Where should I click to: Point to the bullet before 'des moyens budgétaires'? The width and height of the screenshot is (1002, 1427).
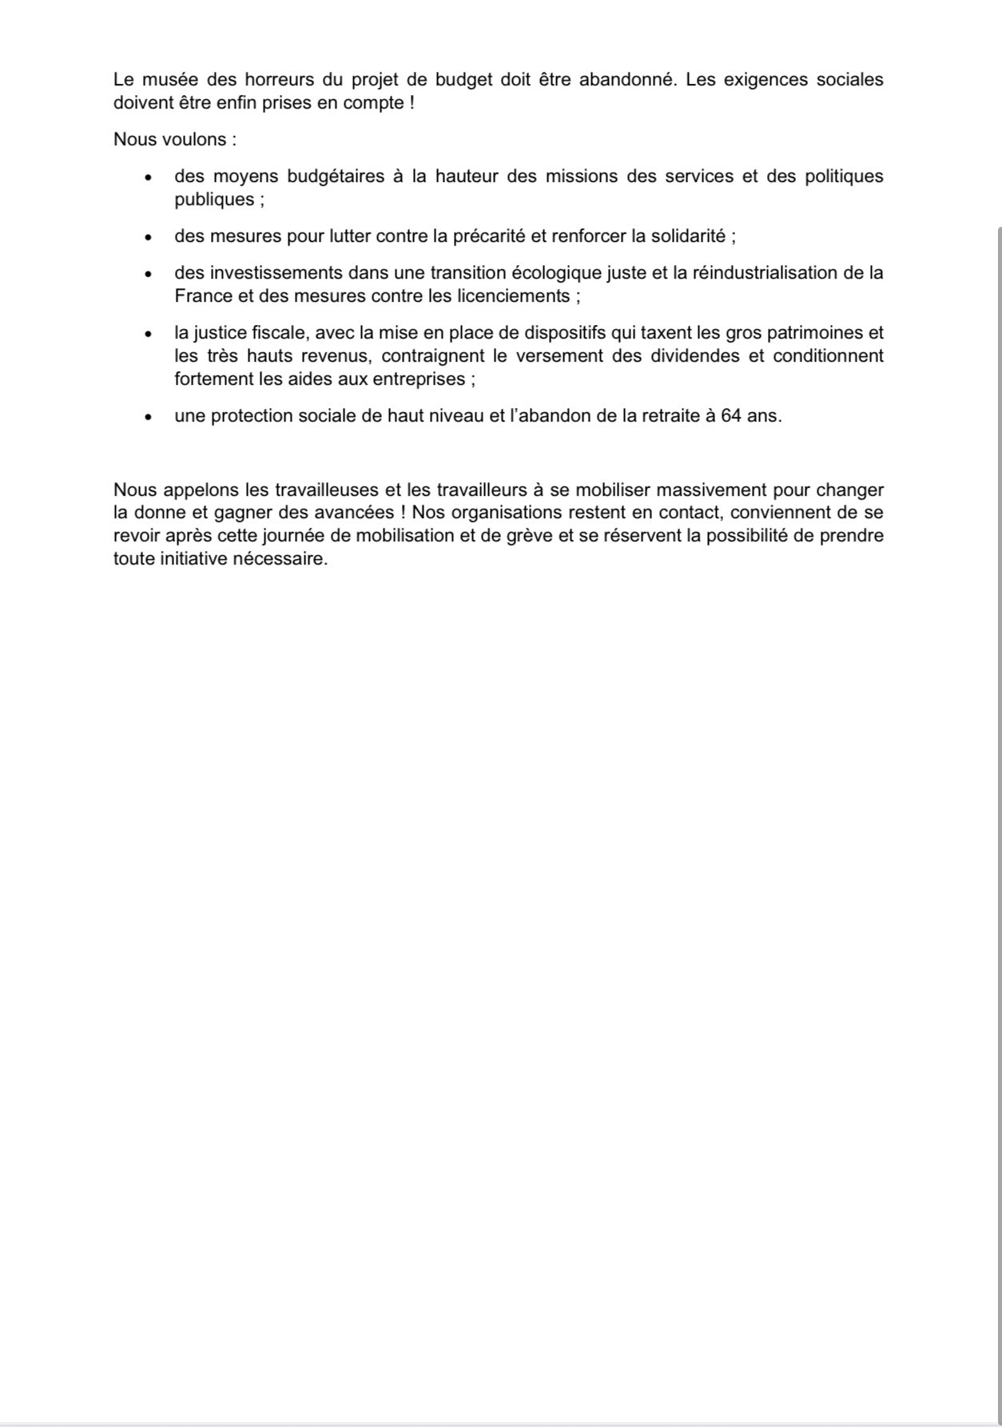tap(148, 176)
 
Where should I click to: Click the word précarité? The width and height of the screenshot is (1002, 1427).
tap(490, 236)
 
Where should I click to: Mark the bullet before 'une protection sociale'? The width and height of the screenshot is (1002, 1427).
tap(148, 417)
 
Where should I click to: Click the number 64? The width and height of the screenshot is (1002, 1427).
tap(730, 416)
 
